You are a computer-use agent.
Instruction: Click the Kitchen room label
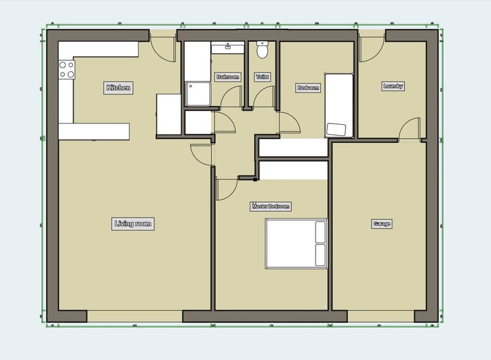[118, 88]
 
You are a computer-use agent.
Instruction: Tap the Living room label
[133, 224]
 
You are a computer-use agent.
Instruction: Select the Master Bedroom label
[271, 206]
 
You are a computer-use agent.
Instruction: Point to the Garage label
[382, 224]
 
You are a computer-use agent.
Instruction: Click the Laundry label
[393, 86]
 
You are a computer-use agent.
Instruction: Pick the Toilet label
[262, 77]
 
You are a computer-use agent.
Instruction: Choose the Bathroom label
[228, 77]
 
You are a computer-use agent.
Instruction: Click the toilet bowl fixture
[262, 50]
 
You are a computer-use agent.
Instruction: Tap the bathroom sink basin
[228, 48]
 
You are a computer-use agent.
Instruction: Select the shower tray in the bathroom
[198, 93]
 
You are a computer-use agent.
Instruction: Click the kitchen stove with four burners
[67, 69]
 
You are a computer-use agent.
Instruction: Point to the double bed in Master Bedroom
[296, 243]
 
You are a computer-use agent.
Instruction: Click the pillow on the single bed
[336, 130]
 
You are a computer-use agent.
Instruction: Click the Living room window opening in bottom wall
[134, 316]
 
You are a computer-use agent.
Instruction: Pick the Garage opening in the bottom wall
[381, 316]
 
